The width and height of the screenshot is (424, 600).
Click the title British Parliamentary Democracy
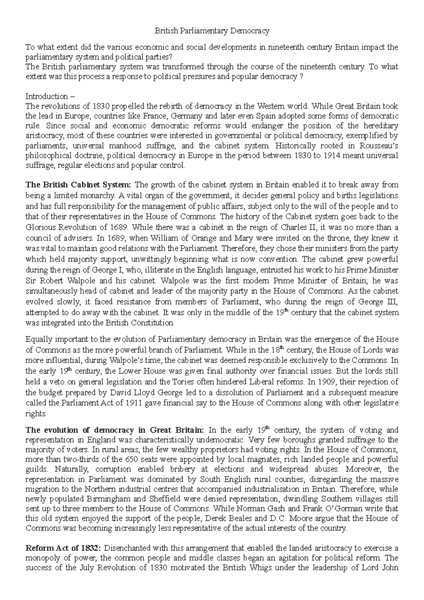(x=212, y=31)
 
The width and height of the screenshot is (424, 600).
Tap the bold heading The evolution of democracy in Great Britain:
(x=115, y=430)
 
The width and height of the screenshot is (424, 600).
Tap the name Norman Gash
(x=252, y=509)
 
